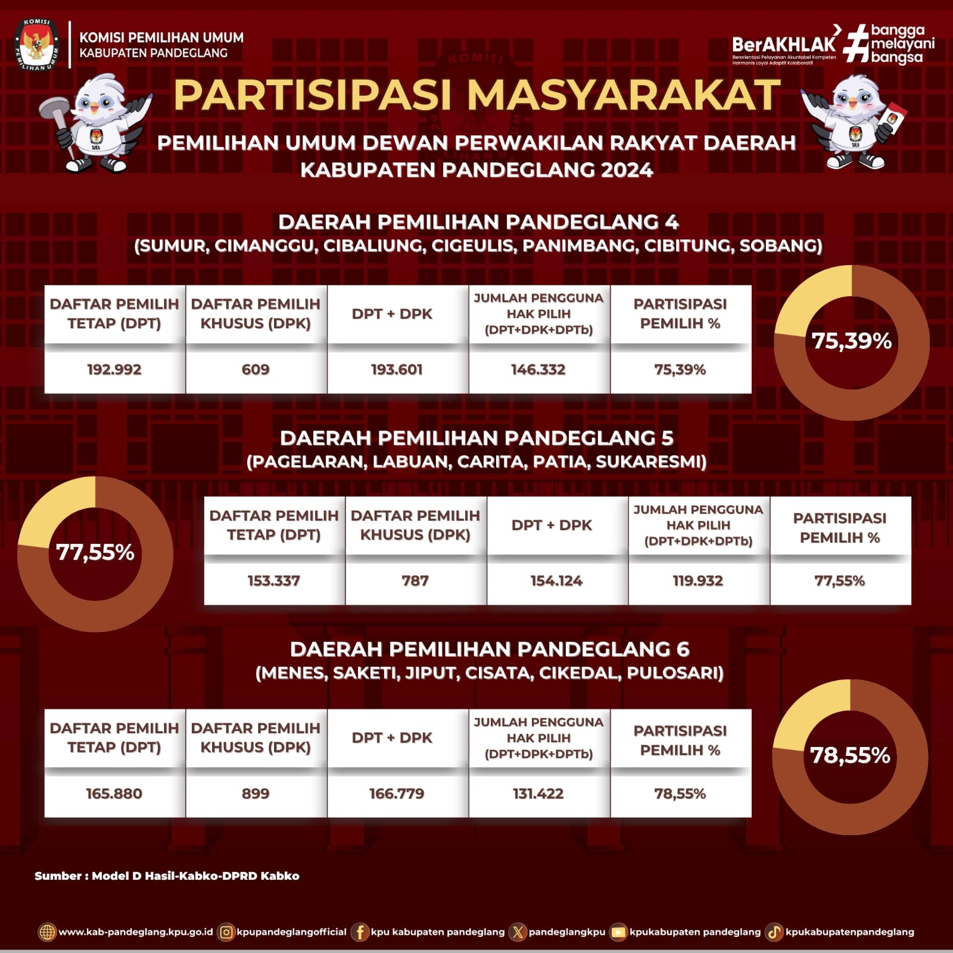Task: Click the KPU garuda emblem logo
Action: point(37,45)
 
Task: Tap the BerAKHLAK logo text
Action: point(783,44)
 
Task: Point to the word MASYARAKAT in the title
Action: point(623,95)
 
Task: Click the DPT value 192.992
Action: point(114,370)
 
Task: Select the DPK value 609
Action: point(256,370)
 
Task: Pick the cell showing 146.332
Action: point(538,370)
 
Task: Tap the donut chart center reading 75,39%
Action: point(851,341)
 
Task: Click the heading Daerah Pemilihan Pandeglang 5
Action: point(476,438)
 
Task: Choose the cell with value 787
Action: point(415,581)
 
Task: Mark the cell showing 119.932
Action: point(698,581)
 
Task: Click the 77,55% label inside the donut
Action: point(95,553)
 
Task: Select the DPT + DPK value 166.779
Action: point(397,794)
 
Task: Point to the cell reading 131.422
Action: point(538,794)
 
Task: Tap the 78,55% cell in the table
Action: point(680,794)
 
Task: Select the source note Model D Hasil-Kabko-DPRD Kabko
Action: point(167,876)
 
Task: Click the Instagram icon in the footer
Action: point(226,932)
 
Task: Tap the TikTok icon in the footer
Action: point(774,932)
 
